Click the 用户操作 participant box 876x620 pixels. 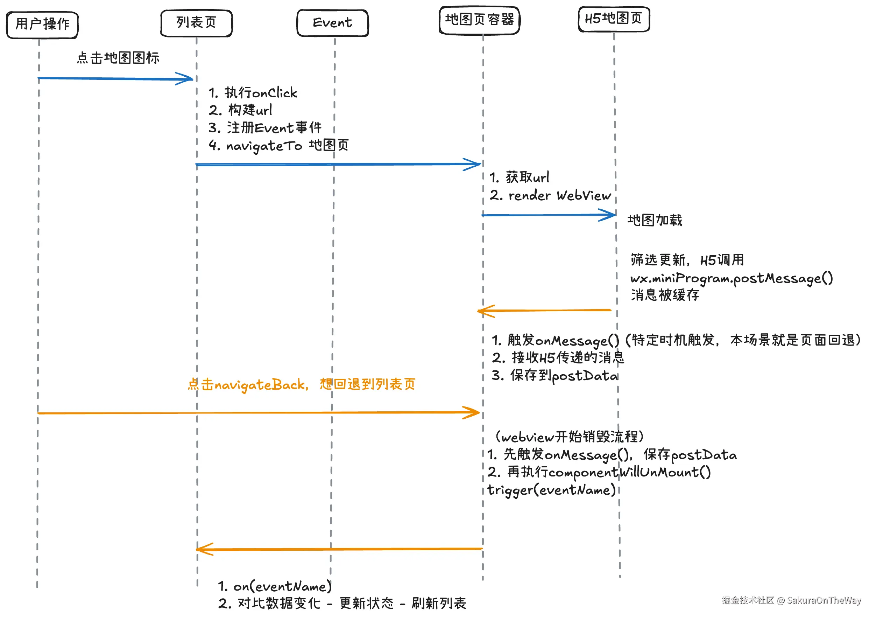pos(42,25)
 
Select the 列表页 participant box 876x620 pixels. pos(196,23)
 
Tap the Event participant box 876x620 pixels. pos(332,23)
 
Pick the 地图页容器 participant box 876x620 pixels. pos(479,20)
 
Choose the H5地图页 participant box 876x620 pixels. pos(614,19)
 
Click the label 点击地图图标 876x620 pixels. pos(118,58)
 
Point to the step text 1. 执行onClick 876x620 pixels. pos(253,93)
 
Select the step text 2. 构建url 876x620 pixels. pos(240,110)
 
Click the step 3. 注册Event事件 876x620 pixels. pos(265,128)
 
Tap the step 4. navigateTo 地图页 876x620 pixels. pos(278,145)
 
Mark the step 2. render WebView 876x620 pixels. pos(550,195)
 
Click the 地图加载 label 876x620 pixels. pos(655,220)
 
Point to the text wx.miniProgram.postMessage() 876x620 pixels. pos(731,278)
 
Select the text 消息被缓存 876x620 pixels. pos(665,295)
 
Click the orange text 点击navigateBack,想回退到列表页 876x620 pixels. pos(302,384)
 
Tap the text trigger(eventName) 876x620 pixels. pos(551,490)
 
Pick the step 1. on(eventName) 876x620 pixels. pos(275,586)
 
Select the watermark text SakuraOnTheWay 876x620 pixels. pos(824,600)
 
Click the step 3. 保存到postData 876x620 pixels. pos(554,376)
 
